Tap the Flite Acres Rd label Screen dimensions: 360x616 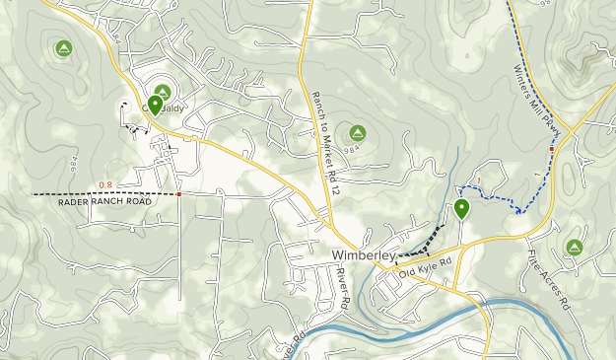tap(548, 280)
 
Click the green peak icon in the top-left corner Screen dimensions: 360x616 tap(64, 47)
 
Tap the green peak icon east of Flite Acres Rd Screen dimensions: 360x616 tap(574, 247)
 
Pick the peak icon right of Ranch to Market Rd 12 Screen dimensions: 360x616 tap(357, 133)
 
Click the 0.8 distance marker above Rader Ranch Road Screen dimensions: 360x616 tap(105, 184)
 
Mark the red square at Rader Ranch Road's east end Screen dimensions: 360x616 tap(178, 194)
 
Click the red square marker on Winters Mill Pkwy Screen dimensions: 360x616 tap(552, 149)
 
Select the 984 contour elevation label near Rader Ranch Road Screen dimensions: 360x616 tap(74, 163)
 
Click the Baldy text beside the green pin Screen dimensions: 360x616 tap(173, 108)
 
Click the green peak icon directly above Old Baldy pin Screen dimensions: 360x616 tap(163, 92)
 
